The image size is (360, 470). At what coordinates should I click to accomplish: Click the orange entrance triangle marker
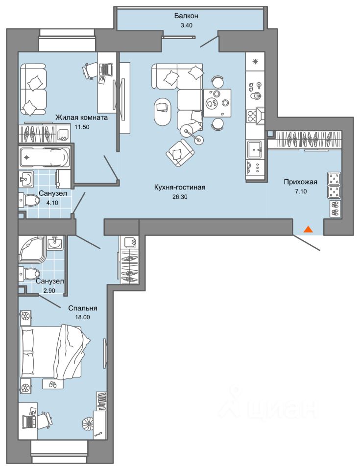pos(309,230)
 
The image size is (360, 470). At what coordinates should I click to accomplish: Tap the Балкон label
pos(186,16)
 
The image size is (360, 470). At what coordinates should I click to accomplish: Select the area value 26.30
pos(179,197)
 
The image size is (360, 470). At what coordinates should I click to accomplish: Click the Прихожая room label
pos(301,182)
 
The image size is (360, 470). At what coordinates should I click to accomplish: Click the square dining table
pos(217,103)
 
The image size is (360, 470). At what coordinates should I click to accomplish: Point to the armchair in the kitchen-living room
pos(180,153)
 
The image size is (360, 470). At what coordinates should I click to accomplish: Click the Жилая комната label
pos(81,117)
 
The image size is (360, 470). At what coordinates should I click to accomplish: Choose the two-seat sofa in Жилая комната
pos(33,90)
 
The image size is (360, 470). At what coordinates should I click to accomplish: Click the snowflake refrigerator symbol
pos(256,62)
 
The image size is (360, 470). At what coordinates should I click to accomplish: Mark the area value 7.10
pos(301,191)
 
